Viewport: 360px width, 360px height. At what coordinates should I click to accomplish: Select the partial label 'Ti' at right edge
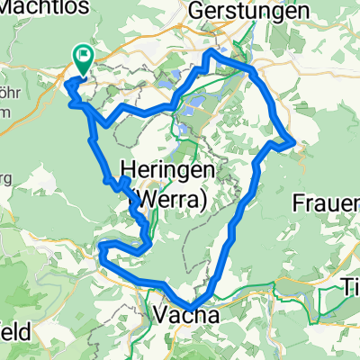[x=351, y=287]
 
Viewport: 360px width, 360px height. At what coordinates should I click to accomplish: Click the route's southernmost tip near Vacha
[x=192, y=309]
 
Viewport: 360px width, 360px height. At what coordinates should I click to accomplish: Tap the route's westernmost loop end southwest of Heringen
[x=101, y=247]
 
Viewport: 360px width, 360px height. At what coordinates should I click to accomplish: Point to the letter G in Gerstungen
[x=196, y=12]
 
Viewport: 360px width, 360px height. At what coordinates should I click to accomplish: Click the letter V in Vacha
[x=162, y=314]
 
